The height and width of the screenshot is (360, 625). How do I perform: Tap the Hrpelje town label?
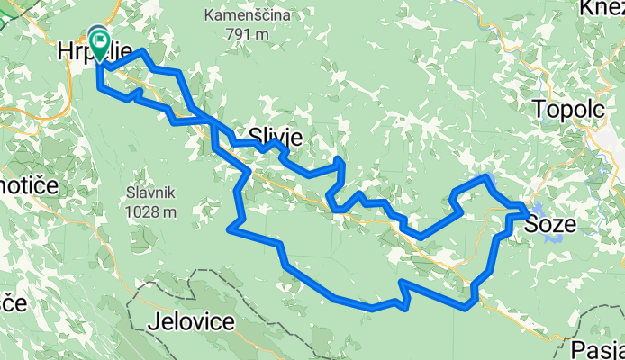(x=95, y=52)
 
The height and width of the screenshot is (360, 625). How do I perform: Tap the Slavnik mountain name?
(x=150, y=193)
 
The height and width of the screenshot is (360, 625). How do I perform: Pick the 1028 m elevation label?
(x=150, y=211)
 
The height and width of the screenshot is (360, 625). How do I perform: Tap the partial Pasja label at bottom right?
(x=598, y=348)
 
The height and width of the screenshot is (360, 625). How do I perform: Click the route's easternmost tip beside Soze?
(x=527, y=212)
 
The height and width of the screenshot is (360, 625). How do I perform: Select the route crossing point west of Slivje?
(x=213, y=121)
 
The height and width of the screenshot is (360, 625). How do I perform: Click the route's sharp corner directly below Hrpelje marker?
(x=98, y=88)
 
